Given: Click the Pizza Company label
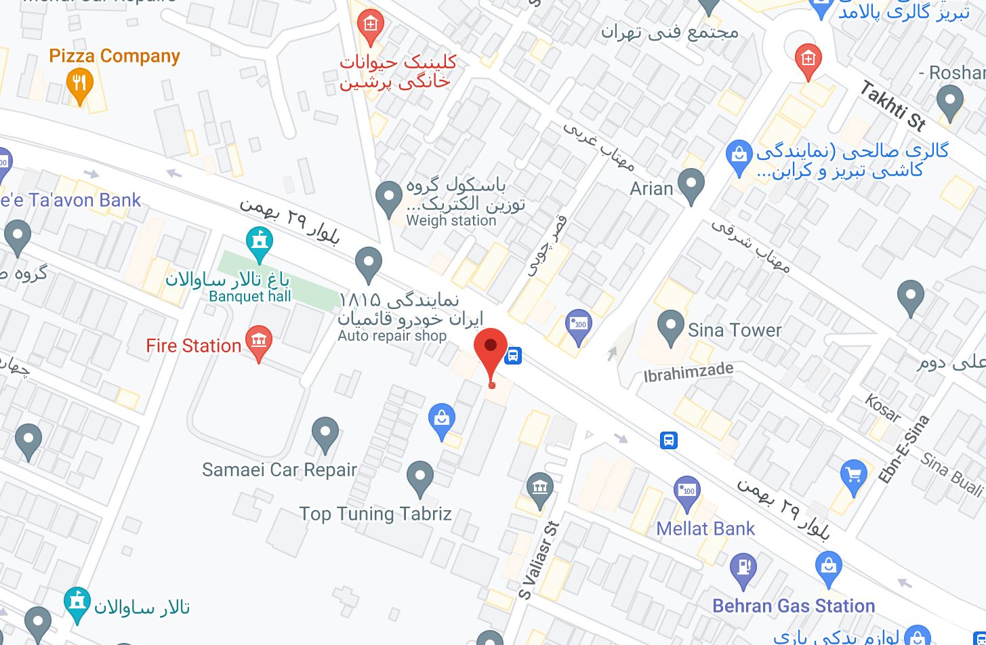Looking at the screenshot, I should tap(115, 56).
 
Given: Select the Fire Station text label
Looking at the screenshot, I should tap(194, 346).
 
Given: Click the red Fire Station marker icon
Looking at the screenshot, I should tap(259, 341).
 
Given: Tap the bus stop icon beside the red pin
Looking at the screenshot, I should tap(514, 355).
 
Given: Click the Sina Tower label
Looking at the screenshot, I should tap(735, 330).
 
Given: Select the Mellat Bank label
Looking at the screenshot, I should tap(705, 528).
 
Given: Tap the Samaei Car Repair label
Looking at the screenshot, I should tap(279, 470).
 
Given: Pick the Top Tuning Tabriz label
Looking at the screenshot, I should tap(375, 514).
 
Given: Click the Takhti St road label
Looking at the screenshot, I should tap(894, 105).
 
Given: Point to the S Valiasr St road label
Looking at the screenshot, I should tap(539, 560).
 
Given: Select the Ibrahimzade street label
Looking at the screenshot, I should tap(689, 373).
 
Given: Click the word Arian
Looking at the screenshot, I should tap(651, 188).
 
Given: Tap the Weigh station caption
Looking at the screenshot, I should tap(451, 221).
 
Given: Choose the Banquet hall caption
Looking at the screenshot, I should tap(250, 296).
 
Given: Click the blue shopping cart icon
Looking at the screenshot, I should tap(853, 474).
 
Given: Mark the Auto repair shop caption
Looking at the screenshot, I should tap(392, 336).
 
